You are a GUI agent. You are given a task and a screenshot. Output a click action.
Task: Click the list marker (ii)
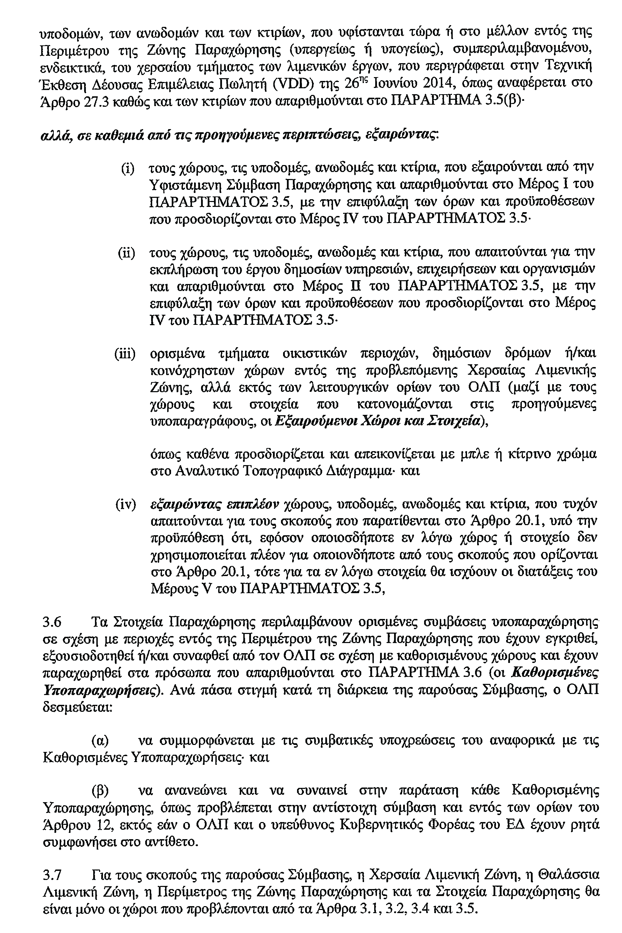coord(126,253)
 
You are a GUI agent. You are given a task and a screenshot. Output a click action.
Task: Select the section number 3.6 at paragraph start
coord(52,622)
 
